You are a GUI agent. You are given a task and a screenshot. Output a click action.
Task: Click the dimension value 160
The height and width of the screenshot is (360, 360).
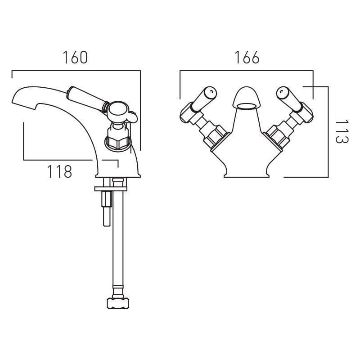pyautogui.click(x=75, y=58)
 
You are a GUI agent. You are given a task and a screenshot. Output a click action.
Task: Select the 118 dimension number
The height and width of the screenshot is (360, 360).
pyautogui.click(x=59, y=171)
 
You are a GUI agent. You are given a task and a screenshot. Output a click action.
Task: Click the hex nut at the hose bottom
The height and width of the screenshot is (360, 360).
pyautogui.click(x=116, y=302)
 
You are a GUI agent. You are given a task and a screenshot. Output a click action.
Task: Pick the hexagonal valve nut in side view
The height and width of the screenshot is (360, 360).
pyautogui.click(x=118, y=137)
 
